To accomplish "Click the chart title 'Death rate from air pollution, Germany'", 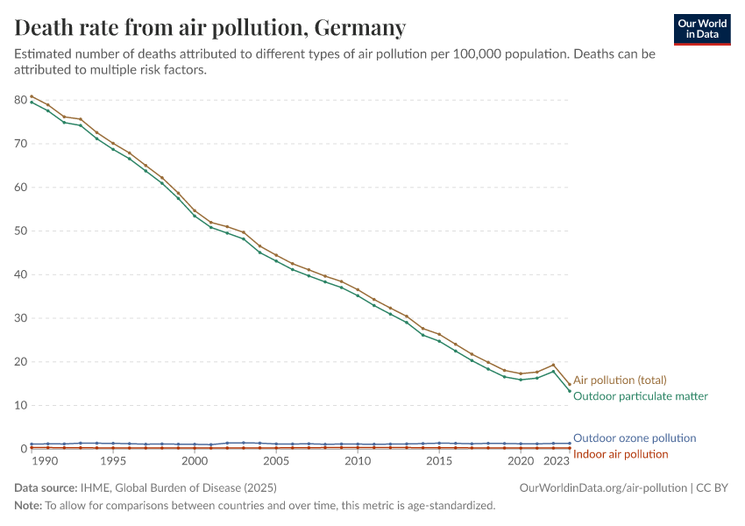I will (210, 28).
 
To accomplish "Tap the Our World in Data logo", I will (702, 29).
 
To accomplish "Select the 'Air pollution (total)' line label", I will (620, 380).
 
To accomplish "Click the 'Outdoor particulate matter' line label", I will (640, 396).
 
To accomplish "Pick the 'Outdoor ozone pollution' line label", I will (635, 437).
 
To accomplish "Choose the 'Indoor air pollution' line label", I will (621, 454).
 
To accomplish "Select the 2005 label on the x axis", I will (276, 461).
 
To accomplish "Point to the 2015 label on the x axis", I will (439, 461).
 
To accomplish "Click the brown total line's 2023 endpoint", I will (570, 383).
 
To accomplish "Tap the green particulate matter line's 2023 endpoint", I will (570, 391).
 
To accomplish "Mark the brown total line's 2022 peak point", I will (553, 365).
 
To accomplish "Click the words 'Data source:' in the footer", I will (45, 487).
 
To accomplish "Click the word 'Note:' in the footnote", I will (29, 506).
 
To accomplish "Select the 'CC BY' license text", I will (713, 487).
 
